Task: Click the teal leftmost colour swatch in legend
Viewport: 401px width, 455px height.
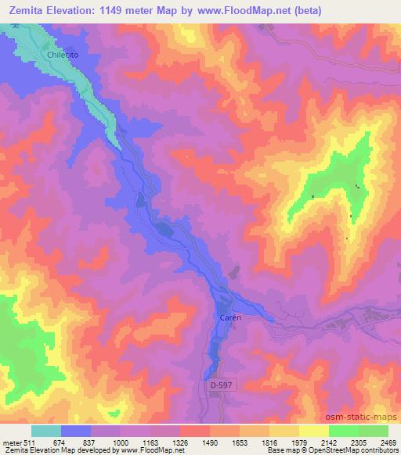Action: coord(46,430)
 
